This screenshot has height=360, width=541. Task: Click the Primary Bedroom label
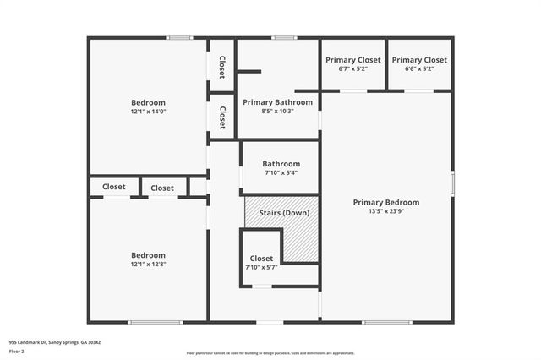pyautogui.click(x=385, y=202)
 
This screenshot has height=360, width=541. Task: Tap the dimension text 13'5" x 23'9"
pyautogui.click(x=385, y=211)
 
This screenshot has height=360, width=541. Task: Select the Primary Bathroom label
pyautogui.click(x=277, y=102)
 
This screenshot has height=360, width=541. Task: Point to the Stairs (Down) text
pyautogui.click(x=283, y=212)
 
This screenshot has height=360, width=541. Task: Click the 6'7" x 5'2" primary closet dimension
pyautogui.click(x=353, y=69)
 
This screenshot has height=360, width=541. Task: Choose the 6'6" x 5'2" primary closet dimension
pyautogui.click(x=419, y=69)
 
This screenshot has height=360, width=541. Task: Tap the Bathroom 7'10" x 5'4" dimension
pyautogui.click(x=281, y=173)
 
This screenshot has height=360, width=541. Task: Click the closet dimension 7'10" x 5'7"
pyautogui.click(x=261, y=268)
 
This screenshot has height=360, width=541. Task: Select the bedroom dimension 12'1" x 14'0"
pyautogui.click(x=148, y=112)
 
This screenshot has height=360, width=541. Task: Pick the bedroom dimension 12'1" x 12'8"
pyautogui.click(x=148, y=265)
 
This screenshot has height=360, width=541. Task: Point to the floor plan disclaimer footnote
pyautogui.click(x=270, y=353)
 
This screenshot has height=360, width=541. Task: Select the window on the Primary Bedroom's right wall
pyautogui.click(x=453, y=183)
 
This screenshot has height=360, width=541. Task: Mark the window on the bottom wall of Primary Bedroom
pyautogui.click(x=387, y=322)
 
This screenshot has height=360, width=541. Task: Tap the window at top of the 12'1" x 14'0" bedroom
pyautogui.click(x=179, y=37)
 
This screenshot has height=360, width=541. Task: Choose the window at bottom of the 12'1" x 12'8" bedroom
pyautogui.click(x=155, y=322)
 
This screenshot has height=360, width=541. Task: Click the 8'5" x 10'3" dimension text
pyautogui.click(x=277, y=112)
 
